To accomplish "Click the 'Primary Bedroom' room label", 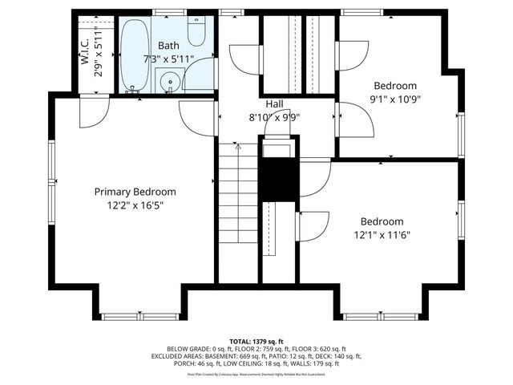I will [135, 192].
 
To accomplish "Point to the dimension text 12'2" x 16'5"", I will [135, 205].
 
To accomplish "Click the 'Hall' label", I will [274, 104].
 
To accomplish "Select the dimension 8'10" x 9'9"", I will [274, 117].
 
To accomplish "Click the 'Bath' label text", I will [168, 47].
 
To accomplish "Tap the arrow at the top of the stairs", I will [237, 148].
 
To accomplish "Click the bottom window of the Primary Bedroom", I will [135, 316].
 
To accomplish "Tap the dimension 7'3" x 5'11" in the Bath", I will [168, 59].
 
